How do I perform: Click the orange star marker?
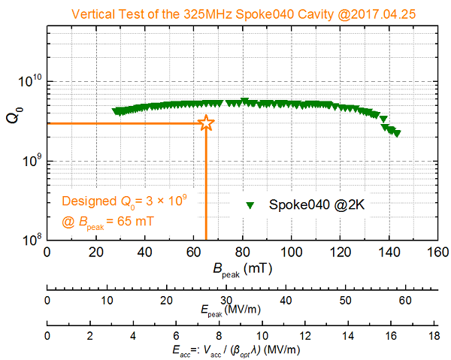[206, 124]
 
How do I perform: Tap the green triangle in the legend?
[252, 204]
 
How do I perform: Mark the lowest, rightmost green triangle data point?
[397, 133]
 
